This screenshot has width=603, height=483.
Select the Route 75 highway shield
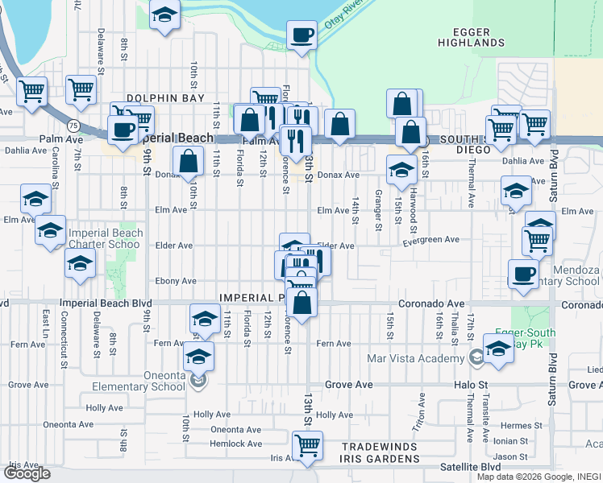pos(73,126)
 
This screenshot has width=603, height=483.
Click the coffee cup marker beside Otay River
pos(302,35)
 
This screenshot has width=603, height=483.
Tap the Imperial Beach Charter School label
pos(106,238)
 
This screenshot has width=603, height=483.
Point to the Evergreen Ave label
pos(430,240)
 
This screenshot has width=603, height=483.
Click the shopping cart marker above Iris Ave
pos(306,444)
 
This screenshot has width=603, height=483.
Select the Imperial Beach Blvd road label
pos(106,303)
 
